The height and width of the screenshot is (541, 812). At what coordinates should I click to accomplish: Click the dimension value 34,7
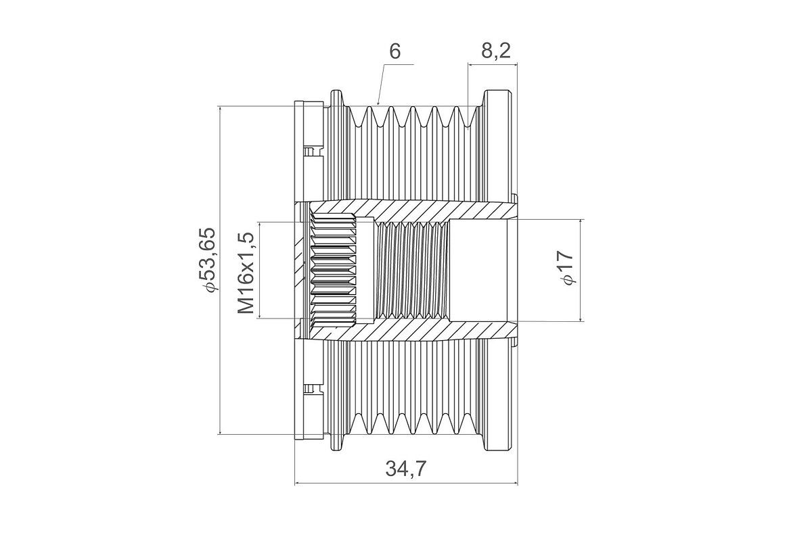point(405,469)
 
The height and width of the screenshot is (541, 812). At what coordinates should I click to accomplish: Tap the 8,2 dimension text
point(496,51)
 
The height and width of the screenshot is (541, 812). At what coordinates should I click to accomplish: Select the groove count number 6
point(395,51)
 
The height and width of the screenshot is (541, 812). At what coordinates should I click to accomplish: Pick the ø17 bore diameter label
point(566,268)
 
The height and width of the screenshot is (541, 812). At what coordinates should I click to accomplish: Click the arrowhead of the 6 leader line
point(378,103)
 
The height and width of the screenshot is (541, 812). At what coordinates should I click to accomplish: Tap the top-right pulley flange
point(499,99)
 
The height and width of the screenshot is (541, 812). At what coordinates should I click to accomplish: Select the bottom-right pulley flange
point(499,442)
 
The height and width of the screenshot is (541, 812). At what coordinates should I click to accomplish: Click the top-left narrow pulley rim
point(336,99)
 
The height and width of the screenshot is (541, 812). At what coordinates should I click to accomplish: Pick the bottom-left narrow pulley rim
point(336,442)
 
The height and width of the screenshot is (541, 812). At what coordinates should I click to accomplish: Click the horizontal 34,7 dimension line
point(406,483)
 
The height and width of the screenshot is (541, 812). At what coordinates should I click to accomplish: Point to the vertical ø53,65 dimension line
point(220,270)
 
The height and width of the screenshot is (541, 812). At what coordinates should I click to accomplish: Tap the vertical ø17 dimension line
point(581,270)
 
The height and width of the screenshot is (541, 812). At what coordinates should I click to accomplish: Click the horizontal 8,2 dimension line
point(493,64)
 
